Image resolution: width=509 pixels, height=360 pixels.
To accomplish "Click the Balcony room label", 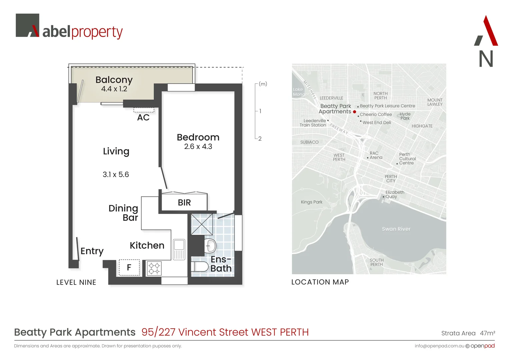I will coord(114,80).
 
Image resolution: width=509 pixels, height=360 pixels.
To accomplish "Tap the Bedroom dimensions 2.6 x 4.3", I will coord(198,147).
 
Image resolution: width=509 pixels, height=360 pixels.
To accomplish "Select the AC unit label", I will coord(143,118).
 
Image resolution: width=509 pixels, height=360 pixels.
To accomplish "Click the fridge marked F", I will coord(129,267).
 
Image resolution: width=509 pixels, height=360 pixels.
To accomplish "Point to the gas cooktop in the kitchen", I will coord(154,268).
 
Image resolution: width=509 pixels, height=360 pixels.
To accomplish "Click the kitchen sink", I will coord(179,249).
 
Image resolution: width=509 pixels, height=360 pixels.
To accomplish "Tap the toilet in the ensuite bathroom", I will coord(199,267).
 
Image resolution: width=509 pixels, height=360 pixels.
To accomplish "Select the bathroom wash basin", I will coord(210,246).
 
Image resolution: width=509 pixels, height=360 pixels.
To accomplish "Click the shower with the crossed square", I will coord(202,224).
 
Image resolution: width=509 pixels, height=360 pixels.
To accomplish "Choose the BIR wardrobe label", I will coord(184,203).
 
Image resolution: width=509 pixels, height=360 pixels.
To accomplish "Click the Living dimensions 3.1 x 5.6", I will coord(116,175).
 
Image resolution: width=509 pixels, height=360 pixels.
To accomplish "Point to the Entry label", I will coord(92,251).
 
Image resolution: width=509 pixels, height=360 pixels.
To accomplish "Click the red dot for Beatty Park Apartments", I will coord(354,112).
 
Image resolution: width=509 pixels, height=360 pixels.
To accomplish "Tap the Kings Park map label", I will coord(311,202).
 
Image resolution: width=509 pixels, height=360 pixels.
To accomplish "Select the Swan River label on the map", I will coord(396,229).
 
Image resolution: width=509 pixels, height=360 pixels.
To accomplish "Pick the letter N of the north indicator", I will coord(486,59).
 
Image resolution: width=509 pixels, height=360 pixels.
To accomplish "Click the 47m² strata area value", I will coord(487,333).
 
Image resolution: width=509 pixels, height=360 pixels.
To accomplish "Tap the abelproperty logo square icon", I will coord(27,25).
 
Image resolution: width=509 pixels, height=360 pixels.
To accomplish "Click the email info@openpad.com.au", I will coord(439,346).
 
